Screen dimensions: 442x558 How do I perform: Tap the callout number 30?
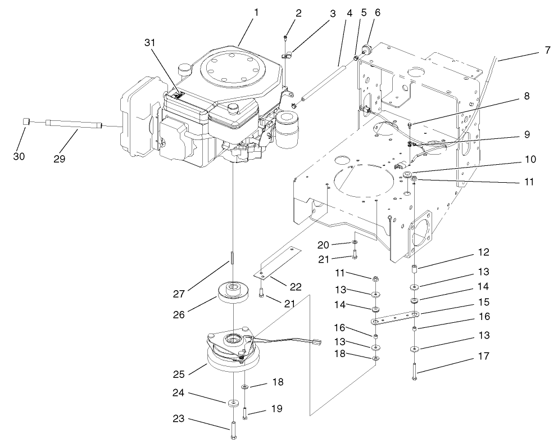click(x=19, y=156)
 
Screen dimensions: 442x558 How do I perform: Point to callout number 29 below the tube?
click(x=59, y=159)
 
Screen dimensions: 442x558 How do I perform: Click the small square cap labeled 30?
click(x=26, y=121)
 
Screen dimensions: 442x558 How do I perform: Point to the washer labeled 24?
click(x=233, y=403)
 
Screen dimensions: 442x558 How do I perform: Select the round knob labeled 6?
click(x=369, y=50)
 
